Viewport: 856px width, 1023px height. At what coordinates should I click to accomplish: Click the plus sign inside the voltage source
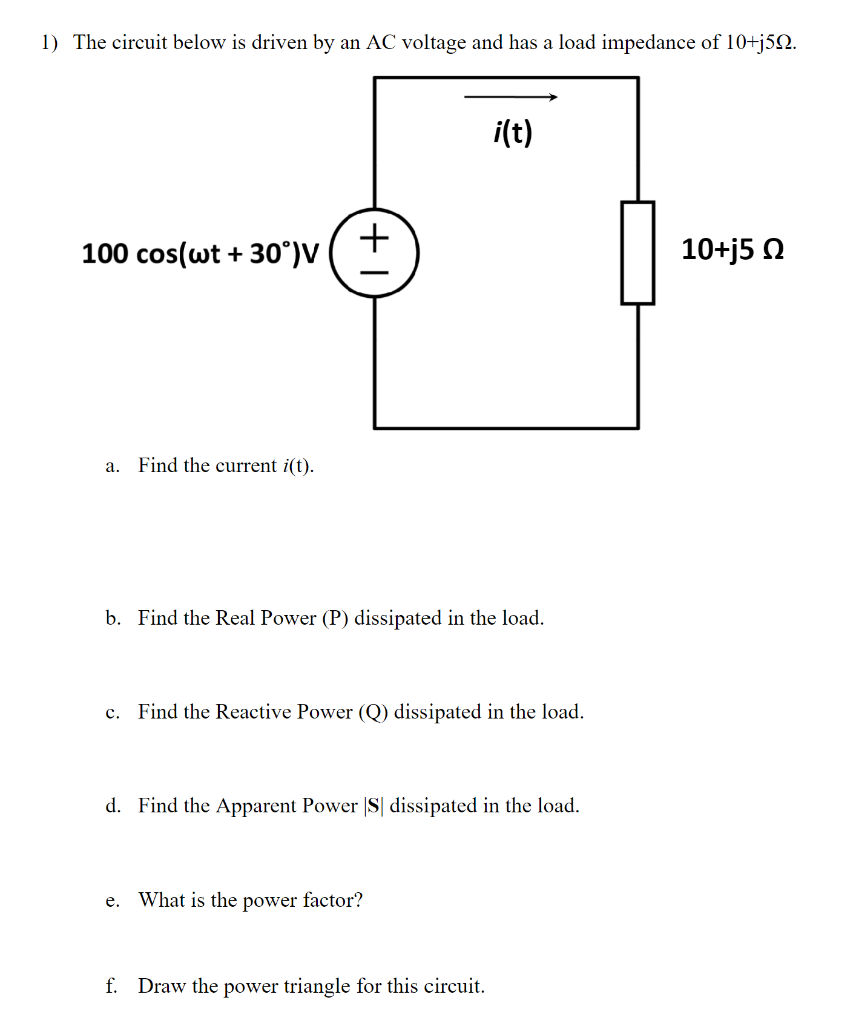pos(375,237)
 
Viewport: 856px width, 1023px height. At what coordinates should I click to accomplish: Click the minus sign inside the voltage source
pos(375,273)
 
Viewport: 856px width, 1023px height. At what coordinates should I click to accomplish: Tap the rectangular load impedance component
pos(637,253)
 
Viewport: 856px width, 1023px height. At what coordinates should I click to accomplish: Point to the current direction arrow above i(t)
pos(510,97)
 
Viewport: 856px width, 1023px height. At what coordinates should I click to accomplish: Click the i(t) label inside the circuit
pos(513,133)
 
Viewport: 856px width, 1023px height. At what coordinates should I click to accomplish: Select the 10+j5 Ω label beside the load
pos(732,249)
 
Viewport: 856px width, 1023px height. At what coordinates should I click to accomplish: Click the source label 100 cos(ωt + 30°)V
pos(200,254)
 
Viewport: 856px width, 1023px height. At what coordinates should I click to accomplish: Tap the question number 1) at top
pos(49,42)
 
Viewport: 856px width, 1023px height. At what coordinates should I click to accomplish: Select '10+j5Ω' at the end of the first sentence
pos(759,42)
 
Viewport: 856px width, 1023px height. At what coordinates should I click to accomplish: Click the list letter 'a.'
pos(112,466)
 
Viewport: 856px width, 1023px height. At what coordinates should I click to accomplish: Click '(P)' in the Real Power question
pos(335,618)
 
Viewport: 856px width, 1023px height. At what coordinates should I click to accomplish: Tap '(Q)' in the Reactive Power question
pos(373,712)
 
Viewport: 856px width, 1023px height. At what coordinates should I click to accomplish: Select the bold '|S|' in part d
pos(374,806)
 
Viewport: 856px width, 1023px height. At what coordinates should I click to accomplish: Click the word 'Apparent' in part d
pos(256,806)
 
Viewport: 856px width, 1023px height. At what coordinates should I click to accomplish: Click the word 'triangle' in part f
pos(317,986)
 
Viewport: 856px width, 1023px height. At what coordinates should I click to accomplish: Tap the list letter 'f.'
pos(111,986)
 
